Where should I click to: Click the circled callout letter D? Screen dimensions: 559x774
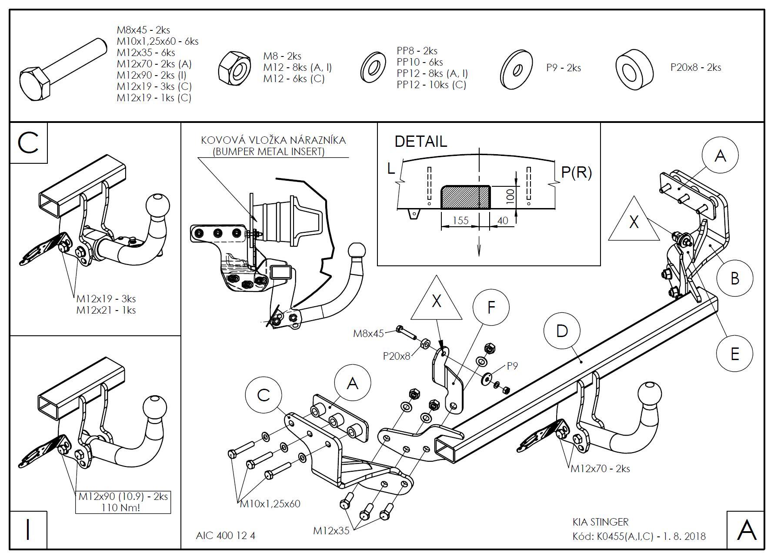pyautogui.click(x=562, y=331)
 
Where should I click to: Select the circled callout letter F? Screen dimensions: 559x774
pyautogui.click(x=491, y=308)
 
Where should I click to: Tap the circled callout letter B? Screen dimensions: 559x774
pyautogui.click(x=734, y=278)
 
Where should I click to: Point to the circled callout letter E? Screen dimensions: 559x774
pyautogui.click(x=734, y=354)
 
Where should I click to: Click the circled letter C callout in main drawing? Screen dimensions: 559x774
pyautogui.click(x=264, y=395)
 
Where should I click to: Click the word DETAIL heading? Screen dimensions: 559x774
pyautogui.click(x=420, y=142)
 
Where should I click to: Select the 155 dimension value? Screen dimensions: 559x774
pyautogui.click(x=460, y=220)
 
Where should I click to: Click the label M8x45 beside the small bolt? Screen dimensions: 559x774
pyautogui.click(x=368, y=334)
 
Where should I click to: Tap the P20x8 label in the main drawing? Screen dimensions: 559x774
pyautogui.click(x=396, y=356)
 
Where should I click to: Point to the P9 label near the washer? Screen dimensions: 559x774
pyautogui.click(x=513, y=366)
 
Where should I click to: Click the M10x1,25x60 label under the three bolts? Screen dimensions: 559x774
pyautogui.click(x=270, y=504)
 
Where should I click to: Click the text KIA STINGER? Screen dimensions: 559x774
pyautogui.click(x=600, y=522)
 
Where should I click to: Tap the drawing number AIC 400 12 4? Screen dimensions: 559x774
pyautogui.click(x=225, y=536)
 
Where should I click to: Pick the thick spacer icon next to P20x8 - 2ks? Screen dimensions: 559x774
pyautogui.click(x=635, y=69)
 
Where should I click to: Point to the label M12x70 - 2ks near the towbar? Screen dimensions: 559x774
pyautogui.click(x=600, y=469)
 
